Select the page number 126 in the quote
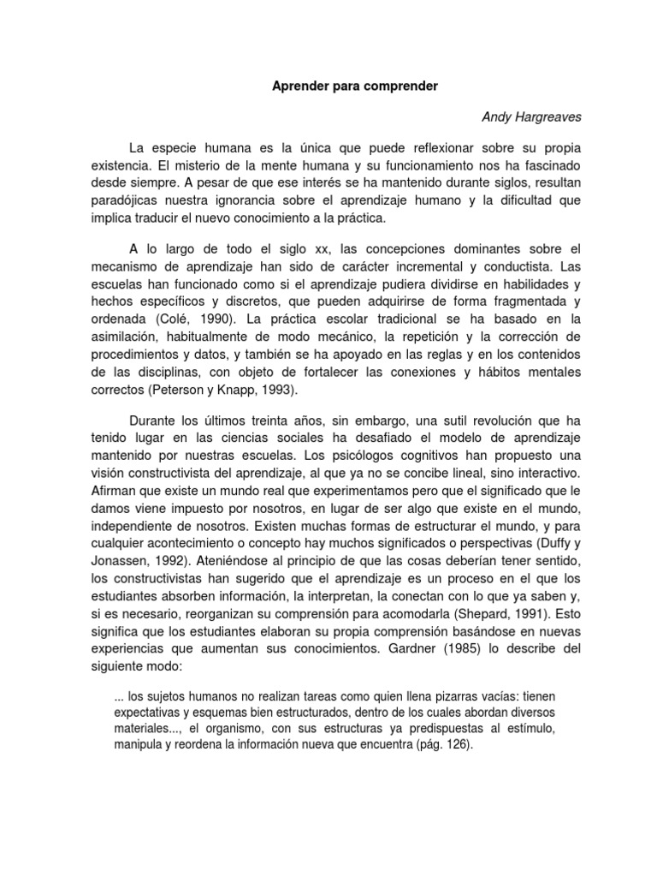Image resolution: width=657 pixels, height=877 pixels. tap(458, 744)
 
